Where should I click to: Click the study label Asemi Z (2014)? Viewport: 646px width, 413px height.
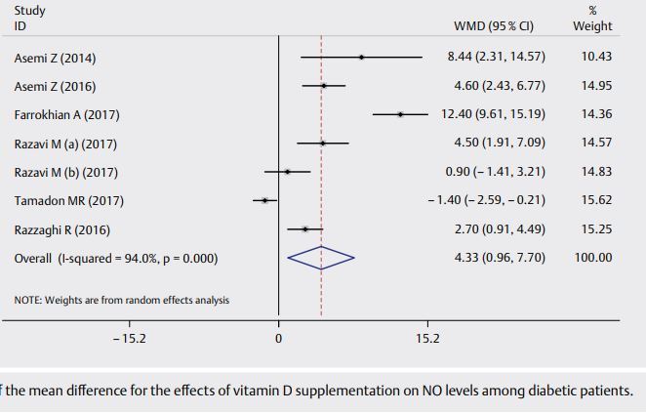point(56,58)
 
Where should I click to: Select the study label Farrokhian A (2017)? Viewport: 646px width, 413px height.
point(67,114)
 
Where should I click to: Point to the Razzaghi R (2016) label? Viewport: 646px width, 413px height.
point(62,230)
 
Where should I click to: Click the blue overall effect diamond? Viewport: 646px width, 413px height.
point(321,259)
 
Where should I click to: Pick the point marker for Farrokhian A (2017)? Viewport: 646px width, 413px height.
point(401,114)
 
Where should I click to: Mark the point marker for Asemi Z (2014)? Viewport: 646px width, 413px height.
point(361,57)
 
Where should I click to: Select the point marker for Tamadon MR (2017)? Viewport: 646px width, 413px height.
point(264,201)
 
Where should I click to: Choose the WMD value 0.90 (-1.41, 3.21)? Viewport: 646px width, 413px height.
point(496,173)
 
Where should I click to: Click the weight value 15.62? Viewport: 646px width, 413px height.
point(596,201)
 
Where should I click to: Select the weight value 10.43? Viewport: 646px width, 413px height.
point(596,58)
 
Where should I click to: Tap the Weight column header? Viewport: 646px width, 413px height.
point(593,26)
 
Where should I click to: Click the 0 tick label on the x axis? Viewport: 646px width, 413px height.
point(278,340)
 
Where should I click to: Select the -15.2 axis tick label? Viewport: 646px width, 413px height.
point(130,340)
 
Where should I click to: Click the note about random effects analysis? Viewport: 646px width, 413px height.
point(122,300)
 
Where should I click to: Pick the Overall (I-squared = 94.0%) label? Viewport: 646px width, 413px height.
point(116,259)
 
